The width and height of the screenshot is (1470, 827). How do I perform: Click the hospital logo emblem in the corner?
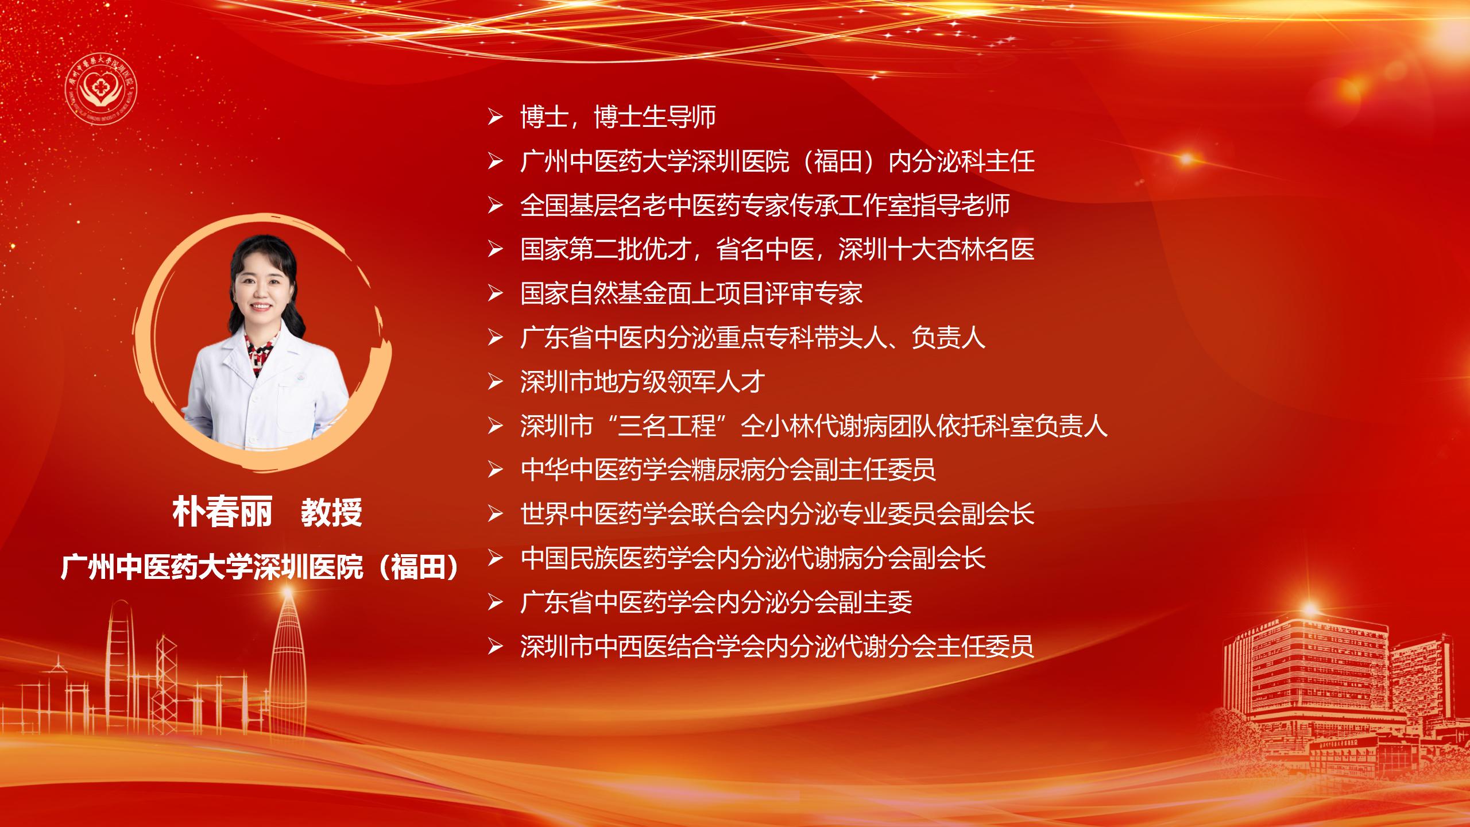(101, 91)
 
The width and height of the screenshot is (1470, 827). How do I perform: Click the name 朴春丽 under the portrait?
(222, 512)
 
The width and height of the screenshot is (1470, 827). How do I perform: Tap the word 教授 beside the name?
(331, 512)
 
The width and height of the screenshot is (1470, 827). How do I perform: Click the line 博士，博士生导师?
(618, 117)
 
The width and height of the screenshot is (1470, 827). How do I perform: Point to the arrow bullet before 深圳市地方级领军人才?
(495, 382)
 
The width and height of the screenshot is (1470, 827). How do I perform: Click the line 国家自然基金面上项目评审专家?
(691, 293)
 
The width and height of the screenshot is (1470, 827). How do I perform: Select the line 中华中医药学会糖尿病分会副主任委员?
(728, 470)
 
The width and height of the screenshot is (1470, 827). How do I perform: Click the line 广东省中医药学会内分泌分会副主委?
(716, 602)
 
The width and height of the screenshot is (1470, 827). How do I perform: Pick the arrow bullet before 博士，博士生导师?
(495, 117)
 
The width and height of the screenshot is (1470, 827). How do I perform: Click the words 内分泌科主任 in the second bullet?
(961, 161)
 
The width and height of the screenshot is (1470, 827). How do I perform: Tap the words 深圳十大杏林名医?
(936, 249)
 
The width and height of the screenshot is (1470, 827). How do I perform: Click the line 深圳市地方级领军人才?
(643, 382)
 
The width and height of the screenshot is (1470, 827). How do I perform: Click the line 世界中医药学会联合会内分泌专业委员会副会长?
(777, 514)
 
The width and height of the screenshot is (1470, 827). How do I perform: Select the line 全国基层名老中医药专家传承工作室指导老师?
(765, 206)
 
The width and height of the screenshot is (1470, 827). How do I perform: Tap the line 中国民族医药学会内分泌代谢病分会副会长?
(753, 558)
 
